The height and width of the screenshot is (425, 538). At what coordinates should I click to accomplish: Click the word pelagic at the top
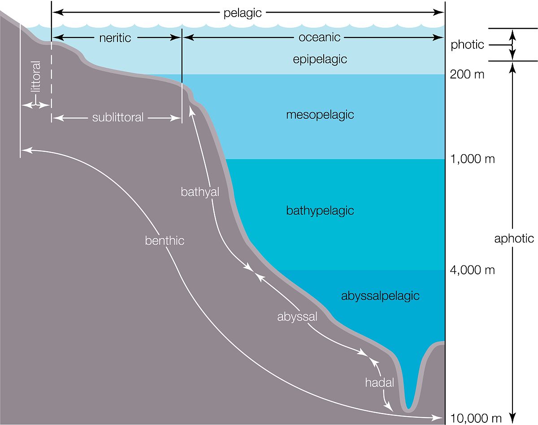[x=242, y=13]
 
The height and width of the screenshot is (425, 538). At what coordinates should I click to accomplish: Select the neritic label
[x=115, y=38]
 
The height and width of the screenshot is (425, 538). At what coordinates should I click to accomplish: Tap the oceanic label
[x=319, y=37]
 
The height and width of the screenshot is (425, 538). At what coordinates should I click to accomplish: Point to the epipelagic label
[x=320, y=60]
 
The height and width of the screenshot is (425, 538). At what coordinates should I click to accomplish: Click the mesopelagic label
[x=320, y=115]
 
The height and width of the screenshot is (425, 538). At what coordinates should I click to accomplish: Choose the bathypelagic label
[x=320, y=211]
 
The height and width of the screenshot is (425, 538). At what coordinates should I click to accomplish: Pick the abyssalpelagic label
[x=380, y=296]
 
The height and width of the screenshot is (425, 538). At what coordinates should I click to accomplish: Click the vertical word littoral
[x=35, y=77]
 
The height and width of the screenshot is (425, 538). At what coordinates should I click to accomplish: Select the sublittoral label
[x=118, y=117]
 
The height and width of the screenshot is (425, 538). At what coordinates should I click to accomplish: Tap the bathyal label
[x=200, y=192]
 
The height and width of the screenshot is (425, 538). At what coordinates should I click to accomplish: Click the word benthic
[x=165, y=240]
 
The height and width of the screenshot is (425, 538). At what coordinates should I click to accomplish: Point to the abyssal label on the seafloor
[x=297, y=317]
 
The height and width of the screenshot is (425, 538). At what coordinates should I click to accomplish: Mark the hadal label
[x=379, y=382]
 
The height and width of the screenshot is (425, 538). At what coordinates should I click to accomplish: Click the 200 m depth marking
[x=467, y=74]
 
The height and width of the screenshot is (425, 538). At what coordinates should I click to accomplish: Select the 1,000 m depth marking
[x=472, y=159]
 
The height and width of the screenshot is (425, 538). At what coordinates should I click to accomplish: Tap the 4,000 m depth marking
[x=472, y=270]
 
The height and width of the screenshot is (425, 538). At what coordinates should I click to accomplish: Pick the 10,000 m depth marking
[x=476, y=419]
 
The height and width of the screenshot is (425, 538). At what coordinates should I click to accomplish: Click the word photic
[x=467, y=45]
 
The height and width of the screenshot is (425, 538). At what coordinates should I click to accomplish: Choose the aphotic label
[x=514, y=239]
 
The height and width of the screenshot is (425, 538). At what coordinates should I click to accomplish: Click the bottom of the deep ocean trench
[x=408, y=410]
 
